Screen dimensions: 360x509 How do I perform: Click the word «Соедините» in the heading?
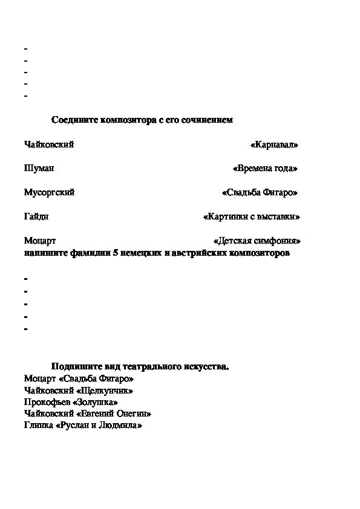pos(71,120)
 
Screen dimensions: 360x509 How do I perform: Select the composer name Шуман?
pos(39,169)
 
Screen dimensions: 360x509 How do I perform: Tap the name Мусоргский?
pos(49,193)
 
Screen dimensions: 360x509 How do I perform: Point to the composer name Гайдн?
pos(36,216)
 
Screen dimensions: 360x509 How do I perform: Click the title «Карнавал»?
pos(274,145)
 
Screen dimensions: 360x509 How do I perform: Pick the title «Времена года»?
pos(265,169)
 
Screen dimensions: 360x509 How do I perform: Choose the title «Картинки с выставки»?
pos(252,216)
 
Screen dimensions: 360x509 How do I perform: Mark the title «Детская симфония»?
pos(257,241)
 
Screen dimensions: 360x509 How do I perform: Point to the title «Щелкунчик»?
pos(105,391)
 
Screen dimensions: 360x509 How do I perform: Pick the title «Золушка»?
pos(96,402)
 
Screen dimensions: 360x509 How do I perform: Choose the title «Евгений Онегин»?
pos(114,414)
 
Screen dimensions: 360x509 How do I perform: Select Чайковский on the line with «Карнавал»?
pos(49,145)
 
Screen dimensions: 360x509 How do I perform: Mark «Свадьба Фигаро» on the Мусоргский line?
pos(260,193)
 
